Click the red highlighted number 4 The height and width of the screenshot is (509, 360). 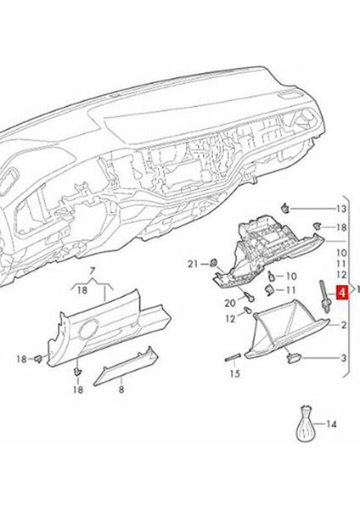pyautogui.click(x=341, y=294)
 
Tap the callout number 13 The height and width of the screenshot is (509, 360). pyautogui.click(x=341, y=209)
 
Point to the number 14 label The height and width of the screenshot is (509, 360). pyautogui.click(x=331, y=423)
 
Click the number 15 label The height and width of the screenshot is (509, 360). pyautogui.click(x=234, y=373)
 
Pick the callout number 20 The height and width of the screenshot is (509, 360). pyautogui.click(x=229, y=303)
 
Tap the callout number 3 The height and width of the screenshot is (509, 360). pyautogui.click(x=344, y=359)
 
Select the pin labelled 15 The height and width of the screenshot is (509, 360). pyautogui.click(x=233, y=359)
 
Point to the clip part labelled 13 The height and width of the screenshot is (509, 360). pyautogui.click(x=289, y=207)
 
